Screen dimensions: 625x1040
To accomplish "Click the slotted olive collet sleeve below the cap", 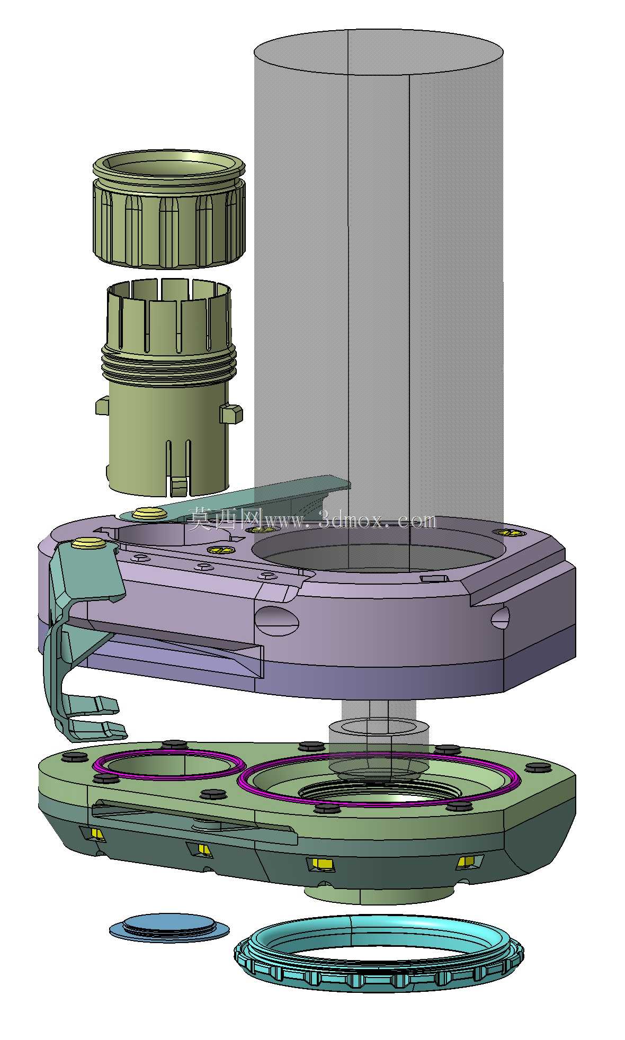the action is tap(168, 387).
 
